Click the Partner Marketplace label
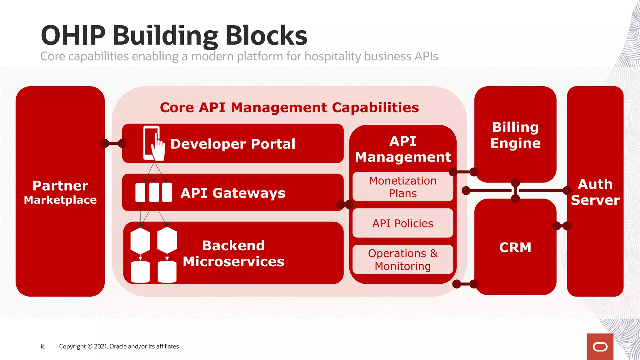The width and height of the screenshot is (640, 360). pos(60,192)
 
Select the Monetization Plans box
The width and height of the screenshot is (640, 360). pos(402,187)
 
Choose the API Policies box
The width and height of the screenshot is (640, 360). pos(402,223)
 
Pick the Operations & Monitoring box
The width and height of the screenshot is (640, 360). pos(402,259)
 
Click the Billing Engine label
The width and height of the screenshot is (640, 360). pos(515,135)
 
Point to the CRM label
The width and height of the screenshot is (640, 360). pos(515,247)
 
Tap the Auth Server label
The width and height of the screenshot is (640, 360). pos(595,192)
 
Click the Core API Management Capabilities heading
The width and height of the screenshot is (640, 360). pos(289,107)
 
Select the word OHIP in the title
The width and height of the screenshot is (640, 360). pos(73,35)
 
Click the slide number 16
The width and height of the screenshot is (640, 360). pos(42,346)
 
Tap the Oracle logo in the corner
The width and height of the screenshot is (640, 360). pos(600,347)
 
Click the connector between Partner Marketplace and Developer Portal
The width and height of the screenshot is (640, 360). pos(113,143)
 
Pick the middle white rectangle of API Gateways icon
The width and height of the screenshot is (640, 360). pos(154,192)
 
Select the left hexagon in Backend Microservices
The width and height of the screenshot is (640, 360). pos(140,241)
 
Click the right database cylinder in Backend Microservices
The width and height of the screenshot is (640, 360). pos(167,272)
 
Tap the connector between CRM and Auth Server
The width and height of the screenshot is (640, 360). pos(562,226)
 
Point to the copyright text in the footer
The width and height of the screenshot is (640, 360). pos(119,346)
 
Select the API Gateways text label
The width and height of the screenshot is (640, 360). pos(233,193)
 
